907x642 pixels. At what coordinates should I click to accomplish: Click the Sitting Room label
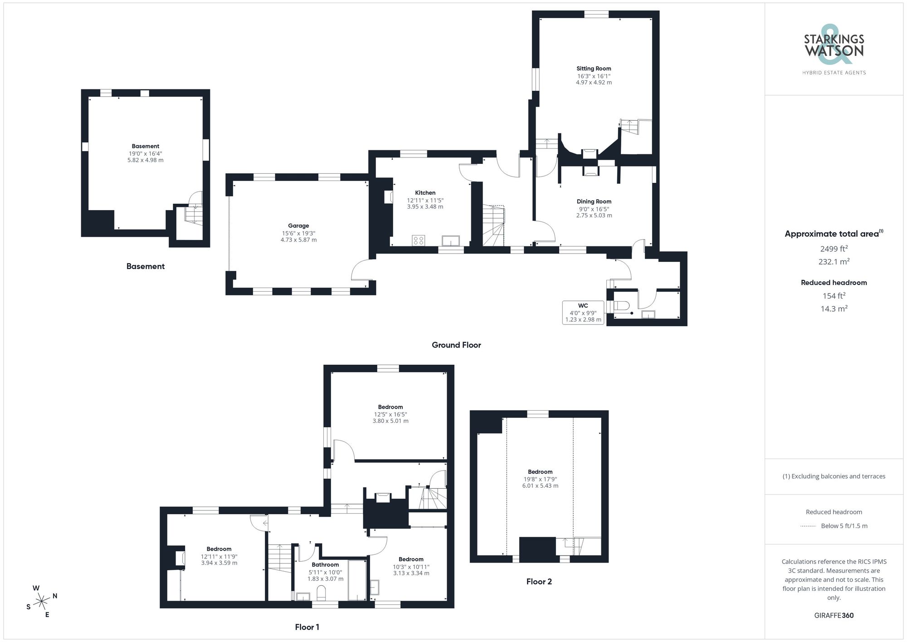pyautogui.click(x=594, y=69)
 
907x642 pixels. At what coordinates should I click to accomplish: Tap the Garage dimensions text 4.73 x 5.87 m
pyautogui.click(x=298, y=240)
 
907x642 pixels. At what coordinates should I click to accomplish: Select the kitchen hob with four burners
pyautogui.click(x=419, y=240)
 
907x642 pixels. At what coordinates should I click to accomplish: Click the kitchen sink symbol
pyautogui.click(x=450, y=240)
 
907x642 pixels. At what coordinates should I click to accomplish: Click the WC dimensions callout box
pyautogui.click(x=583, y=313)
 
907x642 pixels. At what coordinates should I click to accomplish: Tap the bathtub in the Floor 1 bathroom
pyautogui.click(x=357, y=580)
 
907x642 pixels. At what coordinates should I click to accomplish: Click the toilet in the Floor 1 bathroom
pyautogui.click(x=321, y=593)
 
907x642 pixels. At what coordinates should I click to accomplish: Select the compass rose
pyautogui.click(x=42, y=602)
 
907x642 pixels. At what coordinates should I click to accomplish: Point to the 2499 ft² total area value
pyautogui.click(x=834, y=249)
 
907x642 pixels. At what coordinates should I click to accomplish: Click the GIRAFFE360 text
pyautogui.click(x=834, y=615)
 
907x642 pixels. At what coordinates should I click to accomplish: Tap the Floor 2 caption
pyautogui.click(x=539, y=582)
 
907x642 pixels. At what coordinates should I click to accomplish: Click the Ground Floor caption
pyautogui.click(x=456, y=345)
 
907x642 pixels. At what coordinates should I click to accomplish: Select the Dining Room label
pyautogui.click(x=594, y=201)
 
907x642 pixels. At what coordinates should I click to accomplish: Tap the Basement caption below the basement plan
pyautogui.click(x=145, y=266)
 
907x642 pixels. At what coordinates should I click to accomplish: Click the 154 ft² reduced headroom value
pyautogui.click(x=834, y=296)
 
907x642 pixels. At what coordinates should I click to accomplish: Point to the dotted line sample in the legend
pyautogui.click(x=808, y=526)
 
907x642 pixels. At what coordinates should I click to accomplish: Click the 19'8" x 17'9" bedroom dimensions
pyautogui.click(x=540, y=479)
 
